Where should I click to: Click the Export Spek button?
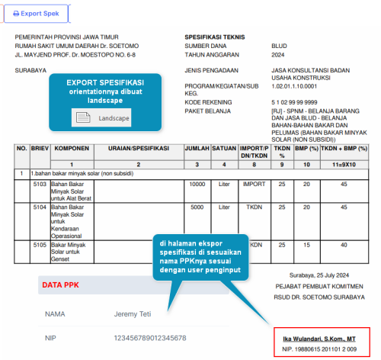(36, 14)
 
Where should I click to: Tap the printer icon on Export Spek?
(16, 14)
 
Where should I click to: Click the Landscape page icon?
(83, 117)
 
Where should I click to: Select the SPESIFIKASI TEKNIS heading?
(215, 37)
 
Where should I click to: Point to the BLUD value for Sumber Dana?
(279, 46)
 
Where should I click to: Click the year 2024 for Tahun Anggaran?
(278, 55)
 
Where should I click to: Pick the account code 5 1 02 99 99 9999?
(294, 102)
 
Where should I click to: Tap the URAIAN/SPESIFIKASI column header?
(139, 149)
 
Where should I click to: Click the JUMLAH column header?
(197, 149)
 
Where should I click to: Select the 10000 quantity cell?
(197, 184)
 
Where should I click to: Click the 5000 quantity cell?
(197, 207)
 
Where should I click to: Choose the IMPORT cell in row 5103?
(254, 184)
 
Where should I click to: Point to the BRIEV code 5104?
(40, 207)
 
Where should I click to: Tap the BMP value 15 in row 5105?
(306, 245)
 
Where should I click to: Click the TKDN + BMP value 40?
(344, 245)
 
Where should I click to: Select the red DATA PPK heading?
(60, 285)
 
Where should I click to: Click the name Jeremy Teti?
(133, 314)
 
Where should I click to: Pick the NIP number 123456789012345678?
(150, 338)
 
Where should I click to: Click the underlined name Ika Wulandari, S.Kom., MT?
(319, 339)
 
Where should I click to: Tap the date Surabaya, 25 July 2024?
(319, 275)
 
